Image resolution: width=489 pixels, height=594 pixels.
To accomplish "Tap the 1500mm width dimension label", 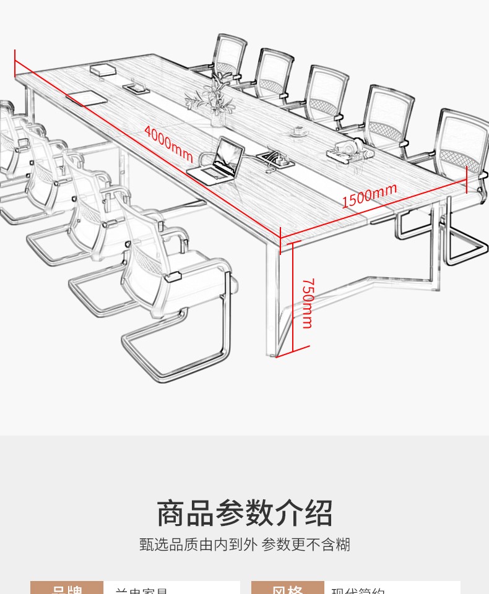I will coord(369,196).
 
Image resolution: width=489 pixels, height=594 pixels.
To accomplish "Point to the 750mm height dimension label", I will coord(307,303).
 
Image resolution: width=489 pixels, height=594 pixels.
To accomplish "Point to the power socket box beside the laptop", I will coord(276,157).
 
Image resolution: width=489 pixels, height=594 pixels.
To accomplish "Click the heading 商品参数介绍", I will coord(244,514).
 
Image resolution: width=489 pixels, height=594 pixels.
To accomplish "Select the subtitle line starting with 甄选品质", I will coord(244,544).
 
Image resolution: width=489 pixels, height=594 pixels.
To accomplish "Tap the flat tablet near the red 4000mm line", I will coord(86,98).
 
